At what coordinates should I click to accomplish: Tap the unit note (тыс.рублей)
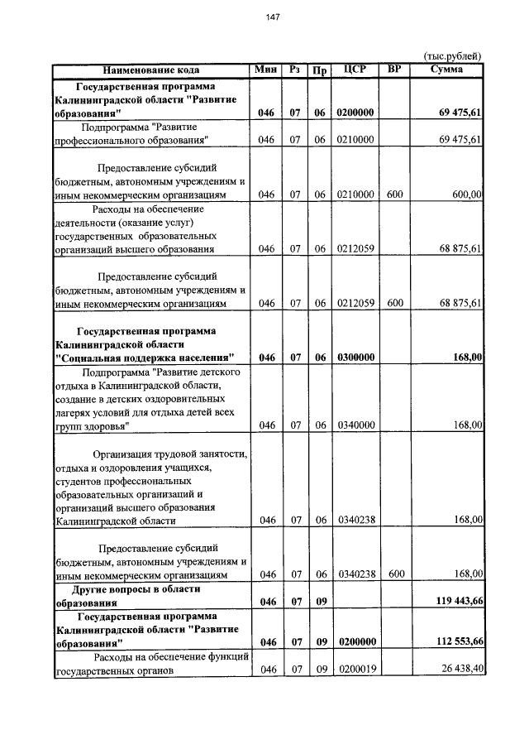pyautogui.click(x=452, y=55)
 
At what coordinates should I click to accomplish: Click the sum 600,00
pyautogui.click(x=466, y=194)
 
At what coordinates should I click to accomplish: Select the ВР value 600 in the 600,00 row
pyautogui.click(x=394, y=194)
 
